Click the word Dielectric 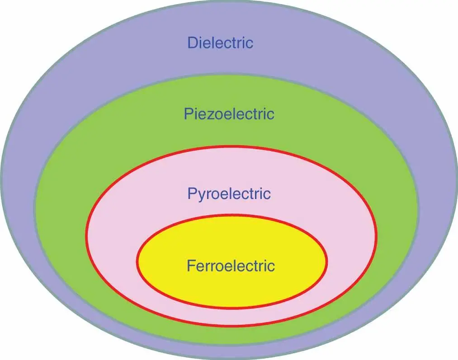(x=220, y=43)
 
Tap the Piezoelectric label (x=229, y=114)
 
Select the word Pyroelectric (x=229, y=194)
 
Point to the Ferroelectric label (x=231, y=265)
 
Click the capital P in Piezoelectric (x=189, y=114)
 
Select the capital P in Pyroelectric (x=192, y=194)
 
